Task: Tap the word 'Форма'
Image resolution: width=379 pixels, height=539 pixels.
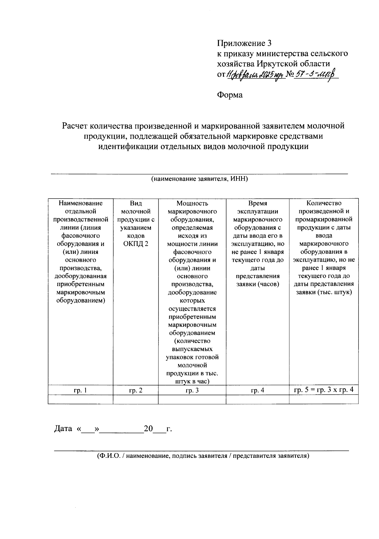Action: click(x=230, y=95)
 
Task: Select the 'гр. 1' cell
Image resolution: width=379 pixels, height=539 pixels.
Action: click(x=80, y=390)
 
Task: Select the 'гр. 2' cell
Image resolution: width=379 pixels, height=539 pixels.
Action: click(x=135, y=390)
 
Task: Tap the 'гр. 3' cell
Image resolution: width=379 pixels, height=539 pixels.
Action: click(x=192, y=390)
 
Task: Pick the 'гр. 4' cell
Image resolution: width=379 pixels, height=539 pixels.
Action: click(x=257, y=390)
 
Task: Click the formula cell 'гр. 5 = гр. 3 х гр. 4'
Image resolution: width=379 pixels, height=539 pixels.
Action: click(x=324, y=390)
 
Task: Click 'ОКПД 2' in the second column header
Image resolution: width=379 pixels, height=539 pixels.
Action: click(x=135, y=244)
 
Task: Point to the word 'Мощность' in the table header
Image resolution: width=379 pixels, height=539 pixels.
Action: click(x=192, y=203)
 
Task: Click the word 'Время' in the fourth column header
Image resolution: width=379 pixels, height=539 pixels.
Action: click(x=257, y=203)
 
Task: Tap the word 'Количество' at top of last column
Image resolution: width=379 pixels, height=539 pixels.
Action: click(x=324, y=203)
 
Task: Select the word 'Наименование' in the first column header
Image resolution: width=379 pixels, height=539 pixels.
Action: click(x=81, y=203)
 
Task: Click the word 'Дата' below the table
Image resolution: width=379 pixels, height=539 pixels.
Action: click(x=63, y=429)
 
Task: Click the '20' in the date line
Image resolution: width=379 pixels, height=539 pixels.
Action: click(x=148, y=429)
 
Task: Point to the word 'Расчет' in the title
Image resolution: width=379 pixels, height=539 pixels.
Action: click(x=75, y=126)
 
